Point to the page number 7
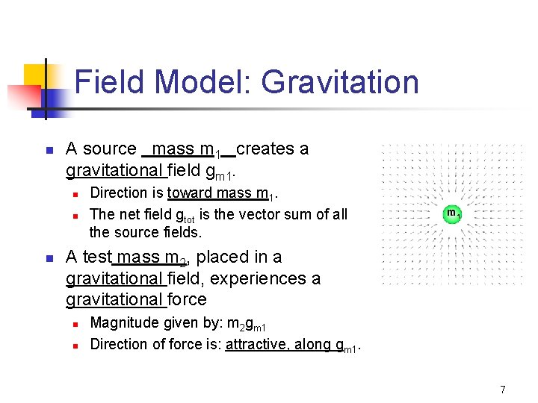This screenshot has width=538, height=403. pos(503,389)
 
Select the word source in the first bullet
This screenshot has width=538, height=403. pos(111,149)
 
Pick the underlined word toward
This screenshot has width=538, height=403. pos(190,193)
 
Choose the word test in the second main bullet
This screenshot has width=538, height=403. pos(96,257)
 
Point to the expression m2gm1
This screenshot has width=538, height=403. pos(247,324)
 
